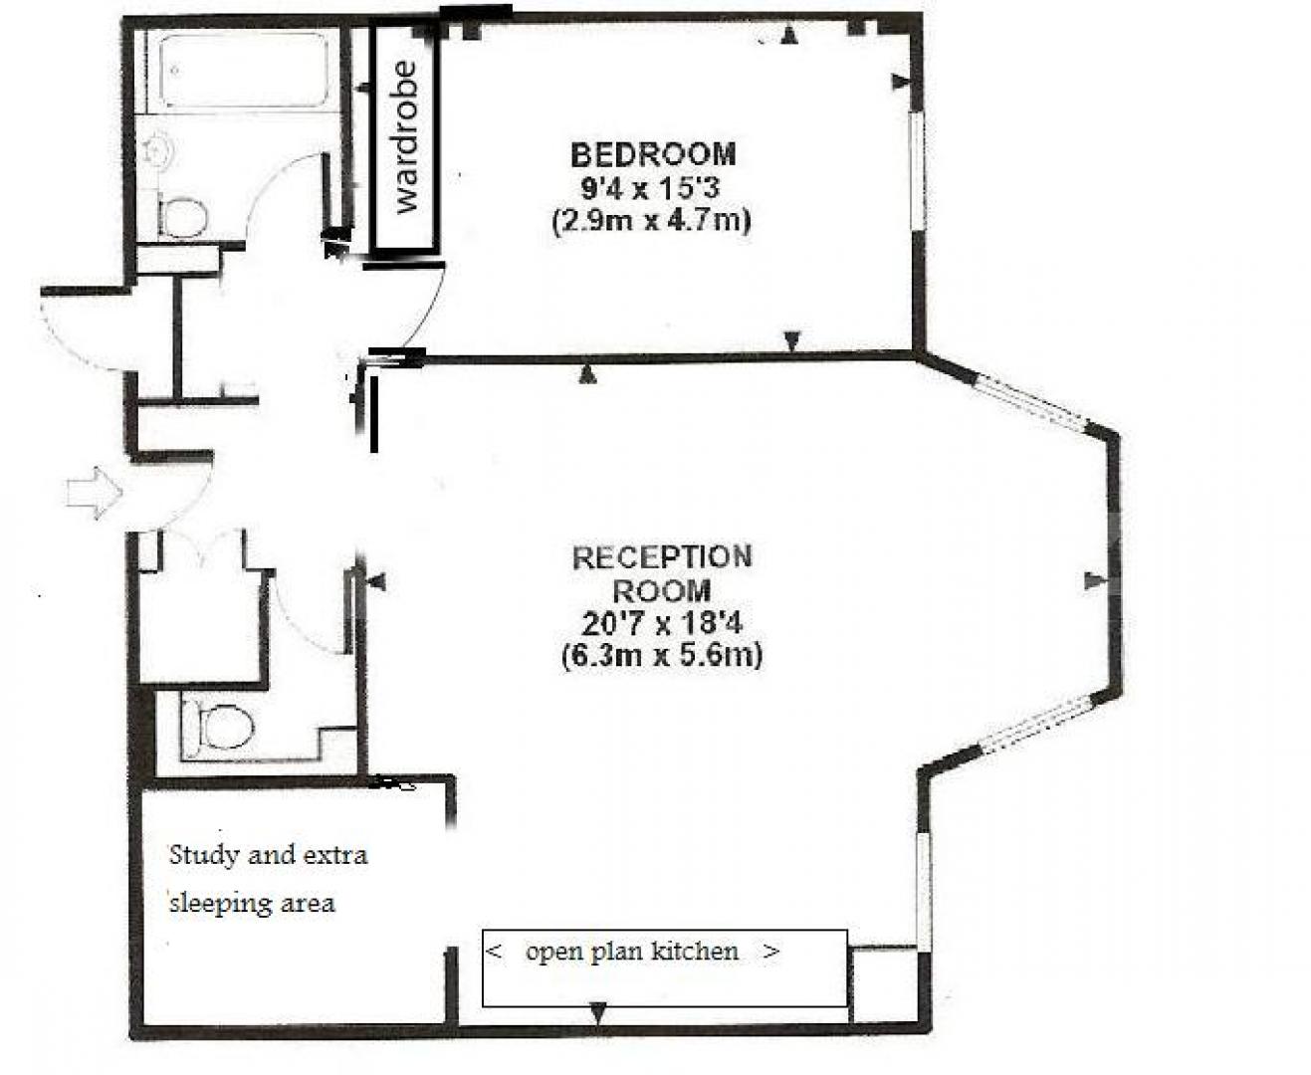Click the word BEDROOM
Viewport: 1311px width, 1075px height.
click(652, 154)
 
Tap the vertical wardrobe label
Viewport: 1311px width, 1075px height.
click(406, 137)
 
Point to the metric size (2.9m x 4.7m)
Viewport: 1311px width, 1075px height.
click(650, 220)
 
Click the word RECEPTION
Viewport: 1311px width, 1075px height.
click(662, 557)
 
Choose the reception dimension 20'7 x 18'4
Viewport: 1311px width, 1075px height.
click(662, 624)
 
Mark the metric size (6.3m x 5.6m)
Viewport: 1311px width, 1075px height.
click(662, 657)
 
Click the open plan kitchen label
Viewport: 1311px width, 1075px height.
click(632, 952)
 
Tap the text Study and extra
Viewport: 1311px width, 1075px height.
click(268, 855)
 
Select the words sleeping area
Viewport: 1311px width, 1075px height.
click(252, 904)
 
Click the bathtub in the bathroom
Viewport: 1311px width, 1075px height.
click(246, 71)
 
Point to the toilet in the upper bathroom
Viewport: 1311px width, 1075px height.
click(182, 216)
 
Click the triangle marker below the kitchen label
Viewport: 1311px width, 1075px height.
click(597, 1013)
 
